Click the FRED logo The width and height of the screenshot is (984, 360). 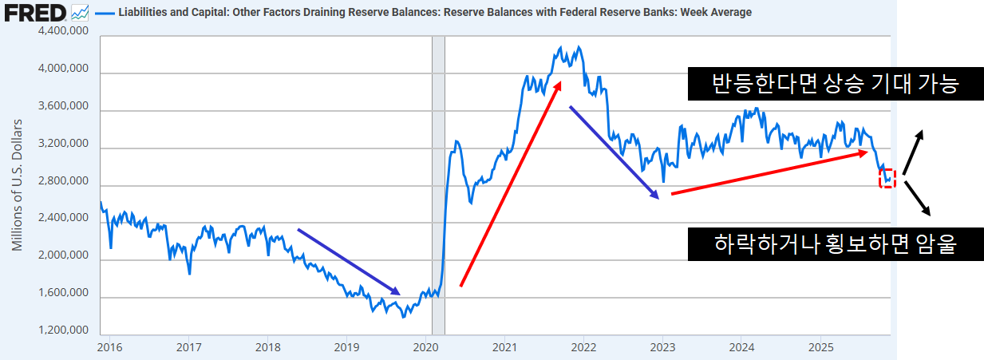click(x=34, y=12)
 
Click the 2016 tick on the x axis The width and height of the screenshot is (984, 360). click(x=109, y=347)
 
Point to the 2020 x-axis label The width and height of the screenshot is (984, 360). click(x=426, y=347)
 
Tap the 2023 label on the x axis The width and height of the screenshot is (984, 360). click(x=663, y=347)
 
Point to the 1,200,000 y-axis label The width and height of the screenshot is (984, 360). click(x=64, y=330)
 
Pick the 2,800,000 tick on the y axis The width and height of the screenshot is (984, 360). click(x=64, y=182)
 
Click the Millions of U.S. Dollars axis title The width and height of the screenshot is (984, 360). click(x=17, y=182)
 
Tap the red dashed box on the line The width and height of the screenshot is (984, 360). click(x=887, y=179)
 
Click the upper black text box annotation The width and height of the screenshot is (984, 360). click(x=834, y=83)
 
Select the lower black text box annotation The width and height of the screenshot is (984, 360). click(x=835, y=244)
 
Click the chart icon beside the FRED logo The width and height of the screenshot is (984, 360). click(x=80, y=12)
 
